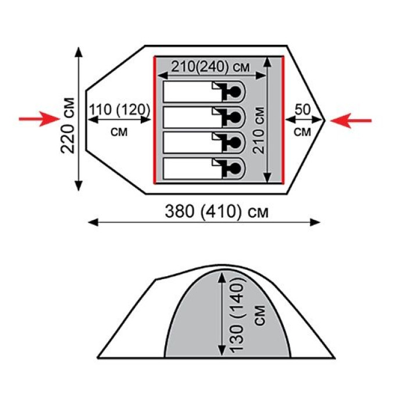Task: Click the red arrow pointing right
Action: click(40, 119)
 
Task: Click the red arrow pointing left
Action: click(351, 120)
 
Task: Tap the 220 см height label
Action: click(67, 126)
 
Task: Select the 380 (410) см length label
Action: click(217, 212)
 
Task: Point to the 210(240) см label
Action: click(210, 67)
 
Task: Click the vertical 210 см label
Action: click(259, 130)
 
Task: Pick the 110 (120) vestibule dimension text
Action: click(120, 110)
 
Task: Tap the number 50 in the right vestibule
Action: click(303, 109)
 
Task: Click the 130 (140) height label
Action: click(237, 314)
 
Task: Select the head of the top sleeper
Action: click(235, 91)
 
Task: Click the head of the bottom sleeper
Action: click(235, 168)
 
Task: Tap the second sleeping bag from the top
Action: click(204, 117)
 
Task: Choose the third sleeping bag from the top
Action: click(204, 143)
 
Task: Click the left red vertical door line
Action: click(155, 120)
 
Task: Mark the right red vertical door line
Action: click(283, 120)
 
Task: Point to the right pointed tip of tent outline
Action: click(325, 120)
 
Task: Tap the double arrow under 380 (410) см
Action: click(204, 223)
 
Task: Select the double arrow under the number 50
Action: click(304, 120)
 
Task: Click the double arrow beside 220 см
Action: click(78, 119)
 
